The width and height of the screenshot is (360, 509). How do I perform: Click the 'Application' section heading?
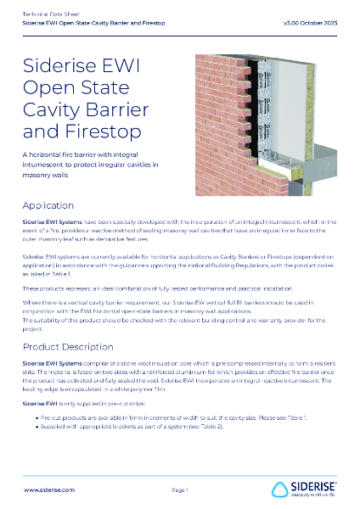[49, 205]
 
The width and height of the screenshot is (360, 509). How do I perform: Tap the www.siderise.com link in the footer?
[48, 490]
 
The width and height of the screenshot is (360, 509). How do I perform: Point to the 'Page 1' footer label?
[179, 490]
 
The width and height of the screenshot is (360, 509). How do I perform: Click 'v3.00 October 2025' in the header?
[312, 24]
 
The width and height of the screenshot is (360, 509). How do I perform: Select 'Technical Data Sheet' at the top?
[49, 15]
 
